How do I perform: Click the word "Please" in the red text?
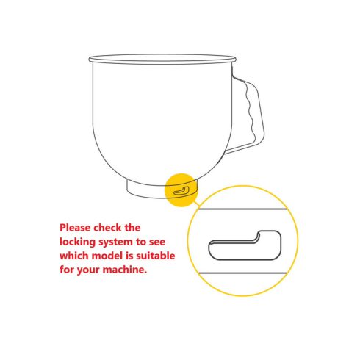point(75,228)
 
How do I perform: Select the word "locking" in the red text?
point(77,242)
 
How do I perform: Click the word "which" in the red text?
point(74,256)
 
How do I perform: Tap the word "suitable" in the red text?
point(156,256)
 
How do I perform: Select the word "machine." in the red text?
point(125,270)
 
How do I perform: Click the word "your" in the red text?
point(88,270)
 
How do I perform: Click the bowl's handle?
point(259,110)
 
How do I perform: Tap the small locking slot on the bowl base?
point(181,191)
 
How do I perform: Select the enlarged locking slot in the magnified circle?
point(245,245)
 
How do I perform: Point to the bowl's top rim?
point(162,60)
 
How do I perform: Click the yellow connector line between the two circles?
point(196,204)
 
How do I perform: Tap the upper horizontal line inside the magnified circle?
point(242,209)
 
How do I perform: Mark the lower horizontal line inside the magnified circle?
point(242,273)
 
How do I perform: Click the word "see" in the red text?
point(156,242)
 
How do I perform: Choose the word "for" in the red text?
point(67,270)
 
